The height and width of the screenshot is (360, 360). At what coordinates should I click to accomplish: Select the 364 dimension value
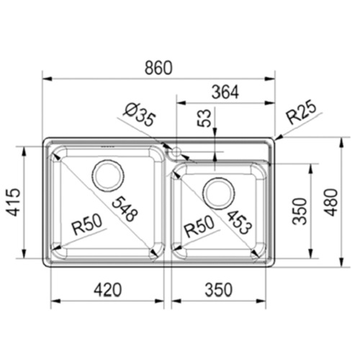point(226,92)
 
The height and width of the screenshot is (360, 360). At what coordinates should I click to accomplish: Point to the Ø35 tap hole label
point(139,115)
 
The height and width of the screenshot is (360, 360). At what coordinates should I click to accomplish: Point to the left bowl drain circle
point(107,177)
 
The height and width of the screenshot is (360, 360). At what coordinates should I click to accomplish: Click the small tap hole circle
point(174,153)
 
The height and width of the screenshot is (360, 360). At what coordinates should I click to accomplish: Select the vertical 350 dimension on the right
point(301,211)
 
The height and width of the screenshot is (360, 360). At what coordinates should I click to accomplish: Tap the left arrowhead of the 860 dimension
point(45,78)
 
